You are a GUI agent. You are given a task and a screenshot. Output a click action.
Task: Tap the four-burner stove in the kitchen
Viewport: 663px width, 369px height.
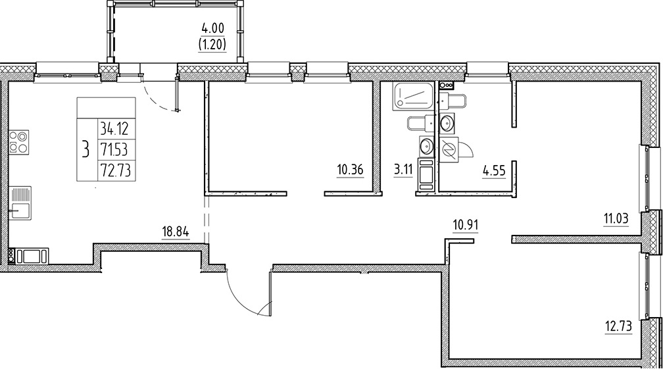[18, 142]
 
